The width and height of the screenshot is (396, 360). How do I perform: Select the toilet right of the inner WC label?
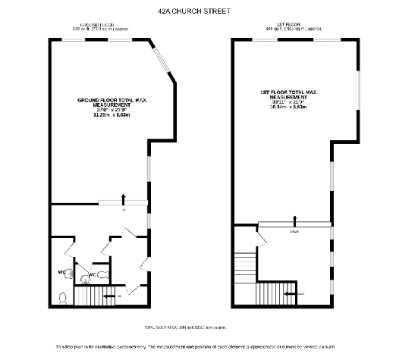click(x=103, y=274)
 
